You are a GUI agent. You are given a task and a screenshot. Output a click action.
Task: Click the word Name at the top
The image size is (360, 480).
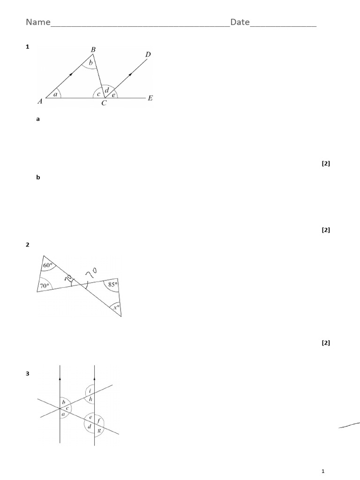point(37,22)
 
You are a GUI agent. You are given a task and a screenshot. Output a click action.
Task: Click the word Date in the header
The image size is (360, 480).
point(240,22)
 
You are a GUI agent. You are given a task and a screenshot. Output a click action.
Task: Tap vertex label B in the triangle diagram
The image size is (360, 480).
point(93,49)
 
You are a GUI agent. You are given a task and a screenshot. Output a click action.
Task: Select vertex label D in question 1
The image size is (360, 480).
point(148,55)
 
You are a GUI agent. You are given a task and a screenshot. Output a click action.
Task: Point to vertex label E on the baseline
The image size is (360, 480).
point(150,98)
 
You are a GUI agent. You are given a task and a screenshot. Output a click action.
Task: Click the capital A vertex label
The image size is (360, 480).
point(40,100)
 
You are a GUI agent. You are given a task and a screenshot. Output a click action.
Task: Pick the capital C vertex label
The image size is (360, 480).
point(104,104)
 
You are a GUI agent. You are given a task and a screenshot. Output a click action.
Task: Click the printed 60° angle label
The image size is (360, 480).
point(47,266)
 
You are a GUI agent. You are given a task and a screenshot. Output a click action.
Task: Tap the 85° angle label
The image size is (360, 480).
point(112,284)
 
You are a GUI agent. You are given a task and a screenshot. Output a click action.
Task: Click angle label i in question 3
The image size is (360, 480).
point(90,390)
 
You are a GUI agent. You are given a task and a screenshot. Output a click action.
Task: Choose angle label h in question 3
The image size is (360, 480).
point(90,399)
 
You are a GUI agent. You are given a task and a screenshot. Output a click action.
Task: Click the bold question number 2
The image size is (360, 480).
point(28,245)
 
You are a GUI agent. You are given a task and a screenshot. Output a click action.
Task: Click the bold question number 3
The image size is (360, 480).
point(28,374)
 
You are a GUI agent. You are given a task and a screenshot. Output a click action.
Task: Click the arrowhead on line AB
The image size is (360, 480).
point(71,74)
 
